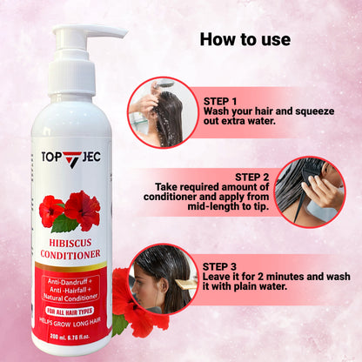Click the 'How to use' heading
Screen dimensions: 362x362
pos(245,40)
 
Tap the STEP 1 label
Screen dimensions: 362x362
pos(221,100)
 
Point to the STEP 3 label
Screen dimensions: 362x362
pos(221,265)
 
